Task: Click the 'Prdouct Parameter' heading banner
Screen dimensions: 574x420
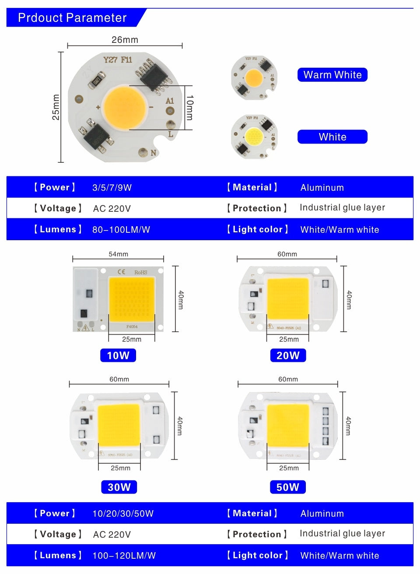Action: coord(72,18)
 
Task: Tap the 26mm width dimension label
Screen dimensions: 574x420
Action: coord(125,40)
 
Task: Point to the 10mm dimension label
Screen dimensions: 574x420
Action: coord(189,108)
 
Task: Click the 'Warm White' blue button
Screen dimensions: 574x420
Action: coord(332,75)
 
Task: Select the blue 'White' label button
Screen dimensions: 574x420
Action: coord(332,137)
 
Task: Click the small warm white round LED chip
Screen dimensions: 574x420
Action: coord(254,78)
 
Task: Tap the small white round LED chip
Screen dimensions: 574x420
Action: coord(254,136)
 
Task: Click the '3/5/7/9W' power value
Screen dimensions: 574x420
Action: coord(112,188)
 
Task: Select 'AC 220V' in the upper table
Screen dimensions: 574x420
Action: coord(112,209)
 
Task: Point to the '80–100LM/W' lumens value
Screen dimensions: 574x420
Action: coord(121,230)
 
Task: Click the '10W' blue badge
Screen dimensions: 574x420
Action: coord(118,355)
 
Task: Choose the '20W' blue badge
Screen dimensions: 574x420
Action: coord(288,355)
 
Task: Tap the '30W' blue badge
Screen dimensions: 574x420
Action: coord(119,487)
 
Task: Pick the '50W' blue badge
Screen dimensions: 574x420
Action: coord(288,487)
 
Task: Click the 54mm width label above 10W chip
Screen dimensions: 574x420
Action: coord(118,254)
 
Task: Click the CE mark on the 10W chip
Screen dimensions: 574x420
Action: coord(121,272)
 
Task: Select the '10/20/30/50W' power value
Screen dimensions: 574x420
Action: coord(123,514)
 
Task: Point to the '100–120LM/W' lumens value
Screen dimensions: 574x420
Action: coord(124,556)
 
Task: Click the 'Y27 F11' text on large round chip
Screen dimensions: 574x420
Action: coord(117,60)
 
